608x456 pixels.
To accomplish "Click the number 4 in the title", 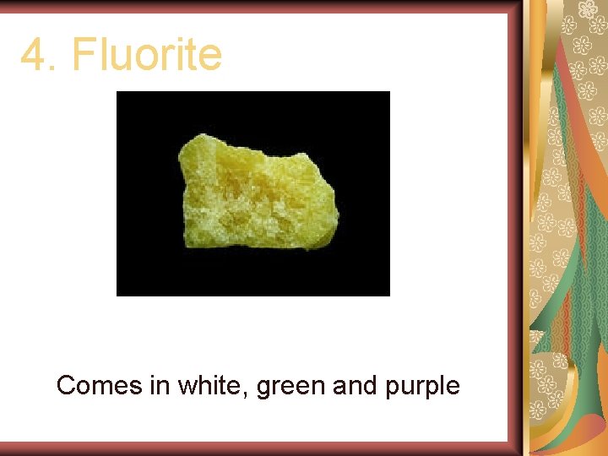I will click(x=33, y=56).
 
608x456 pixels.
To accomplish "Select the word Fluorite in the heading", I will click(x=147, y=55).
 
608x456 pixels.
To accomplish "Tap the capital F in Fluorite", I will click(x=83, y=56).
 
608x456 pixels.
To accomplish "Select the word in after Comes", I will click(x=160, y=386).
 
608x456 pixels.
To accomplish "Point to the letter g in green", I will click(x=264, y=389).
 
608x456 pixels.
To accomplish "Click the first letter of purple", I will click(x=392, y=389).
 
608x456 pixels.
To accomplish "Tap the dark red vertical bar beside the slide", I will click(x=515, y=228).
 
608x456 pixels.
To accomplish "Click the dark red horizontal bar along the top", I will click(x=253, y=7).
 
